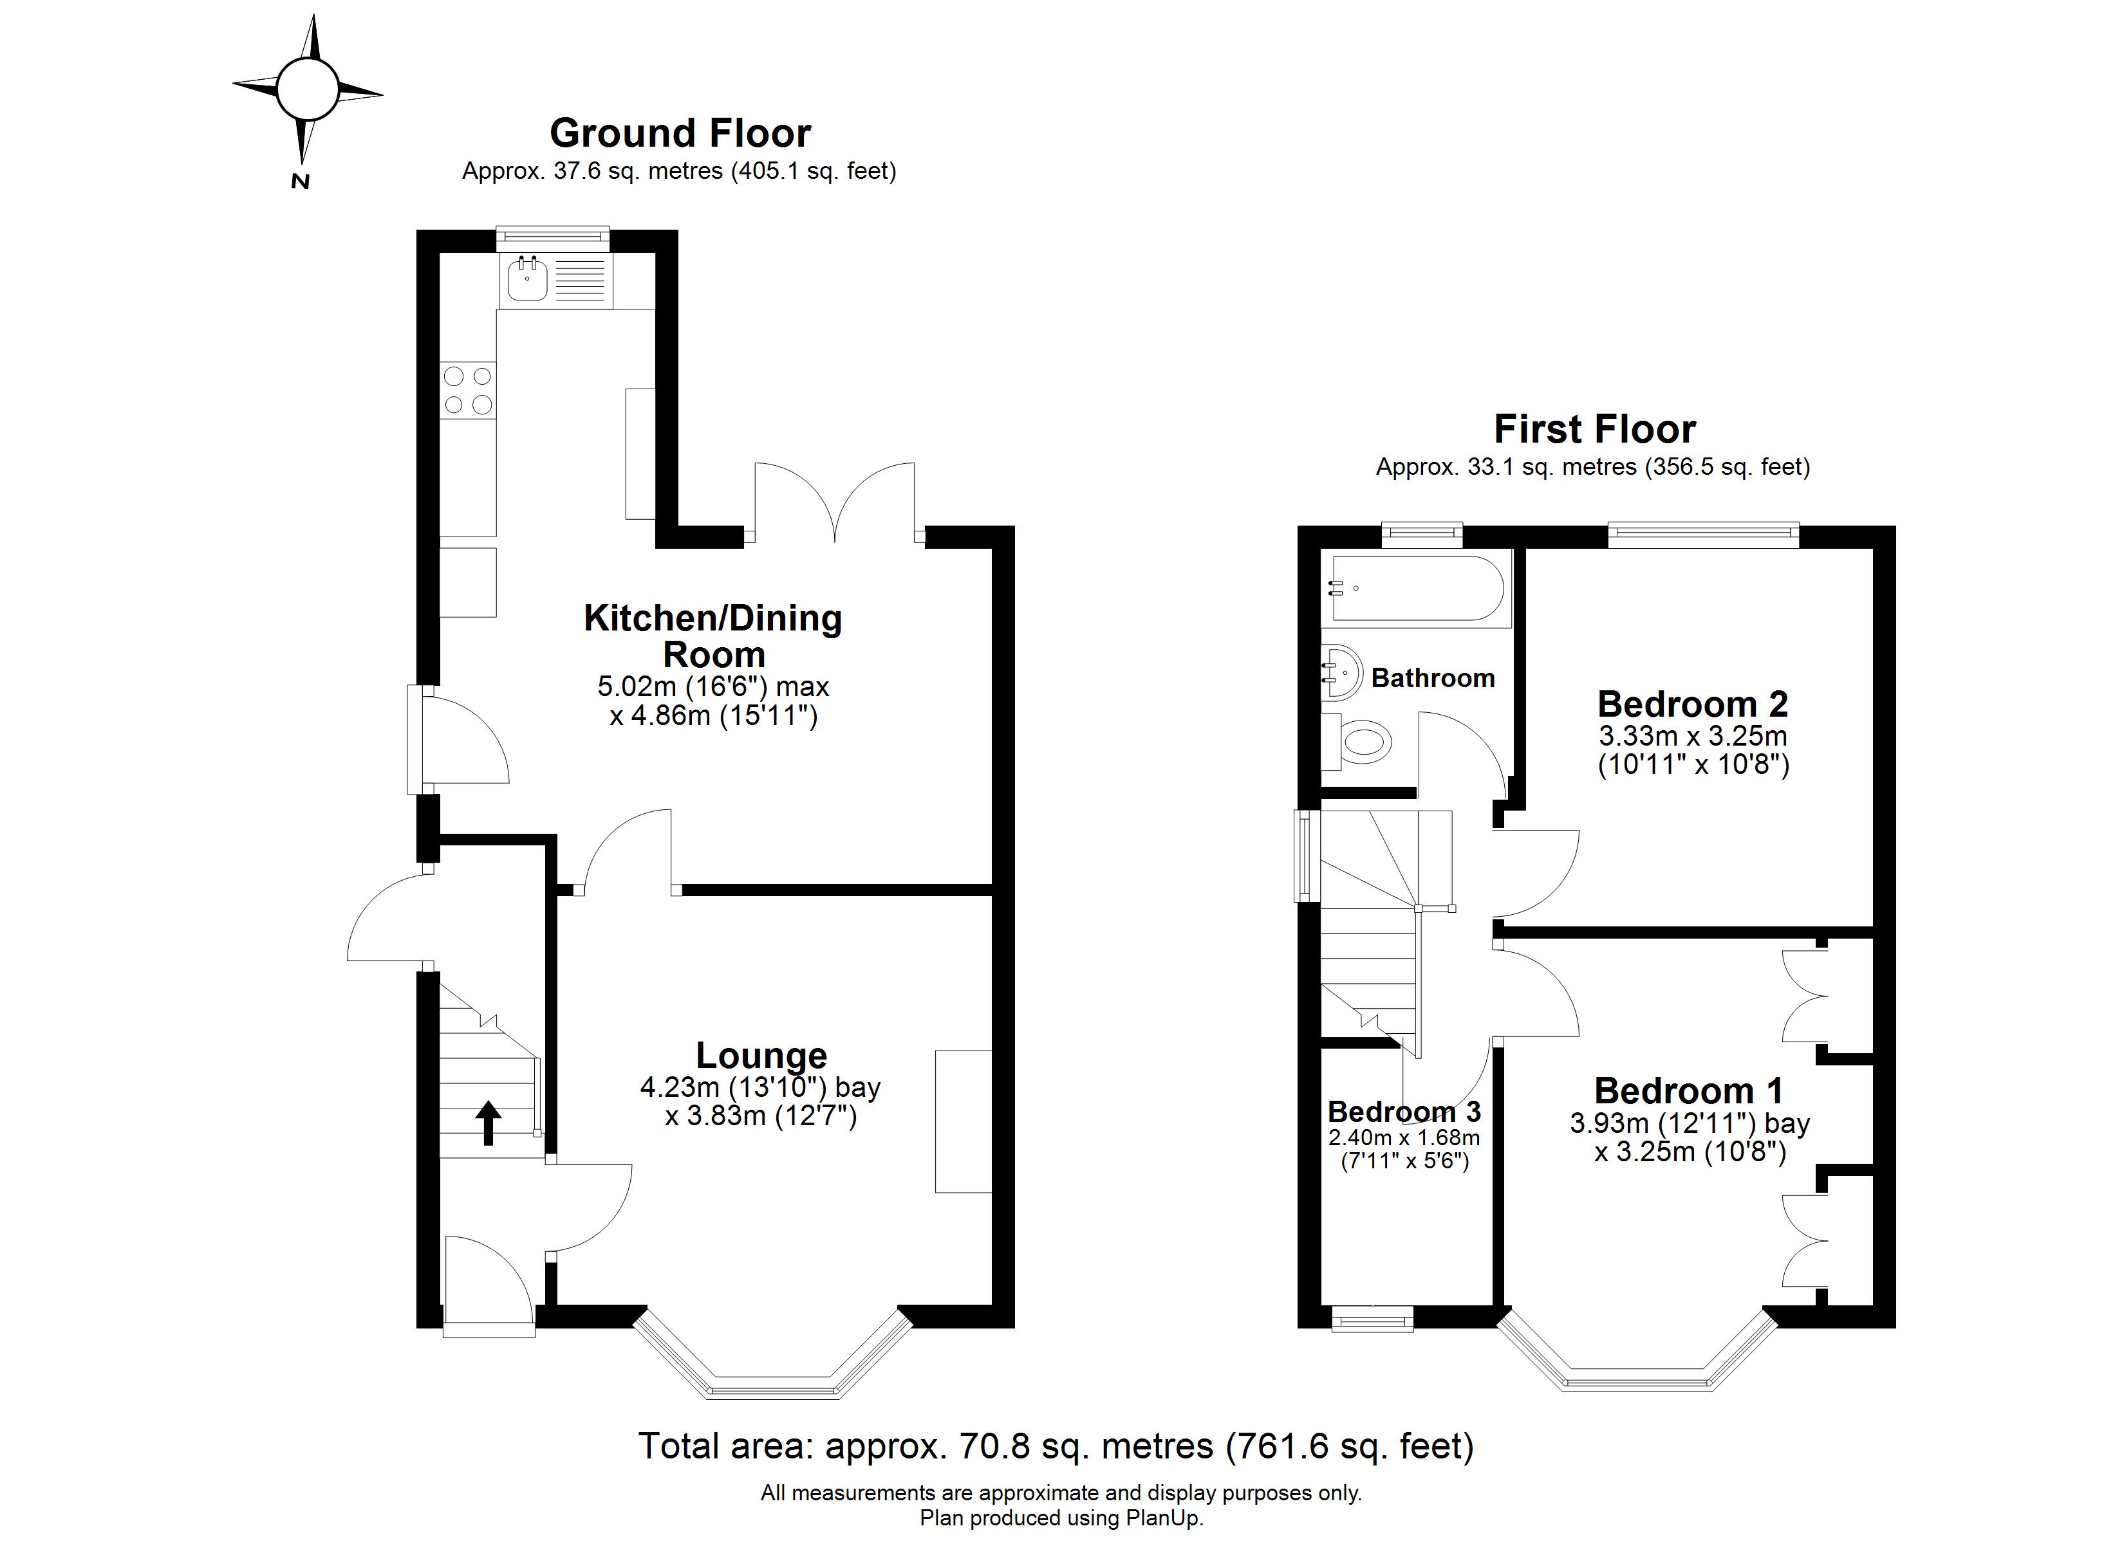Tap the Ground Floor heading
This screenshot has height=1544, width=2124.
[680, 133]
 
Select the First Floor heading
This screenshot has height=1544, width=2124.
[1594, 429]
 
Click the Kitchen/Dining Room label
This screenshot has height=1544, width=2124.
[713, 636]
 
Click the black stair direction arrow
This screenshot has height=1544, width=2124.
[488, 1123]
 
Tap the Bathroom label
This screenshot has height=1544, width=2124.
[1433, 678]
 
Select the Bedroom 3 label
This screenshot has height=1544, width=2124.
[1404, 1112]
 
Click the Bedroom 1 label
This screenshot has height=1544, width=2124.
[1688, 1091]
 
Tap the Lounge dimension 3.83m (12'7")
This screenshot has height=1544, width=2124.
[760, 1116]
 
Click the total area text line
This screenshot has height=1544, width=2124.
[1056, 1447]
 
